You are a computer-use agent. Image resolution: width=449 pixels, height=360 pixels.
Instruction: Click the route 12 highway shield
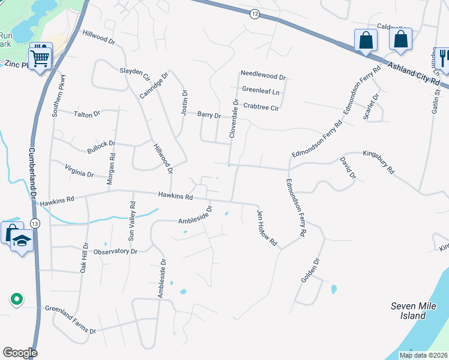pyautogui.click(x=255, y=14)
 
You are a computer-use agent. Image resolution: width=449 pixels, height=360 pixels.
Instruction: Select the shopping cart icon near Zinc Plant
pyautogui.click(x=40, y=58)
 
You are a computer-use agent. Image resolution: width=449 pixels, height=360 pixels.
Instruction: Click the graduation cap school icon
pyautogui.click(x=23, y=241)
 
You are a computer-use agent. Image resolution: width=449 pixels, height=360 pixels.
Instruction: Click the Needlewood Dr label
pyautogui.click(x=263, y=73)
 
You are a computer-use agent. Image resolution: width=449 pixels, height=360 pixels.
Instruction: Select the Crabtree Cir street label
pyautogui.click(x=261, y=107)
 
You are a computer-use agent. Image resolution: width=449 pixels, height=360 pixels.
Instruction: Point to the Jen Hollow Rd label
pyautogui.click(x=267, y=229)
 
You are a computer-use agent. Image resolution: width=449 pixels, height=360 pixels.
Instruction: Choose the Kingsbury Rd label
pyautogui.click(x=378, y=163)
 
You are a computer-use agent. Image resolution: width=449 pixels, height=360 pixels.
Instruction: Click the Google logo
pyautogui.click(x=19, y=353)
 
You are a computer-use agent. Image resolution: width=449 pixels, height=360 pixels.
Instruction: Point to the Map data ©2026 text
pyautogui.click(x=423, y=355)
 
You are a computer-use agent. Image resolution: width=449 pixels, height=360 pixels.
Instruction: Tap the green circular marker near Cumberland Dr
pyautogui.click(x=17, y=298)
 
